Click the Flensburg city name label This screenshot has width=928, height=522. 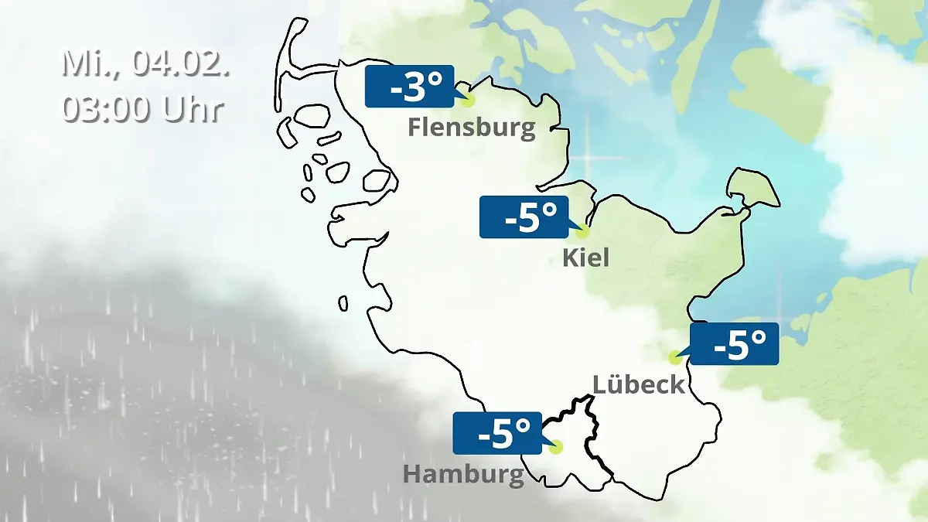(472, 127)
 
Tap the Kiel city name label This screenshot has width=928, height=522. (585, 258)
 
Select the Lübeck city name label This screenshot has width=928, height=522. (639, 384)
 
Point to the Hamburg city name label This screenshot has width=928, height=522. (463, 474)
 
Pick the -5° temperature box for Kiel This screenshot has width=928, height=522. (523, 217)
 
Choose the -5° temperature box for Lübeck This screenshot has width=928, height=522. (734, 344)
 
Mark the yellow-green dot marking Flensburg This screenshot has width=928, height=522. (466, 100)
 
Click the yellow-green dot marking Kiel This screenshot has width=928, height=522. (582, 231)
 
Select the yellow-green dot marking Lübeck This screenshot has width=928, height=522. (675, 357)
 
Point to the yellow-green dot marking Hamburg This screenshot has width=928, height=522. (555, 447)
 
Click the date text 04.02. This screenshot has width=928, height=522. (181, 63)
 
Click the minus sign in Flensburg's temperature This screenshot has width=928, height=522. (396, 90)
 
